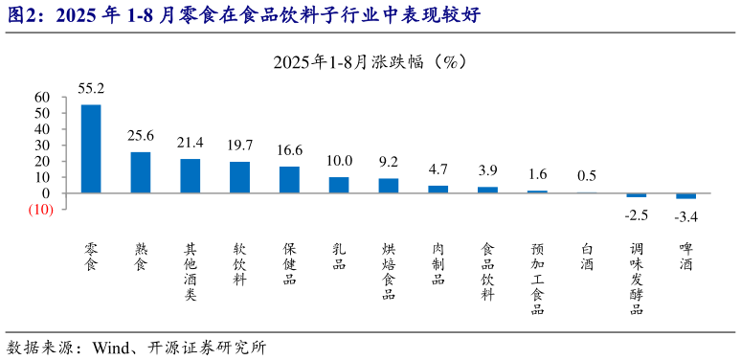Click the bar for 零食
click(x=91, y=148)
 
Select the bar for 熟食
click(x=141, y=172)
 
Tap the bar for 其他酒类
click(x=191, y=175)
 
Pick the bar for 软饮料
click(x=239, y=177)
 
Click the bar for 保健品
click(x=289, y=179)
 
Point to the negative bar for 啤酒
click(x=686, y=196)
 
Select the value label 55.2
click(x=91, y=89)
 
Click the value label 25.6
click(x=141, y=136)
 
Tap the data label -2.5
click(x=637, y=214)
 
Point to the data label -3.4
click(x=686, y=217)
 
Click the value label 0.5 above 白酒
click(x=587, y=175)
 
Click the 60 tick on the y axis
click(x=41, y=97)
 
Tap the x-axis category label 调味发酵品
click(x=637, y=279)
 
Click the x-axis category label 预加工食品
click(x=538, y=279)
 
